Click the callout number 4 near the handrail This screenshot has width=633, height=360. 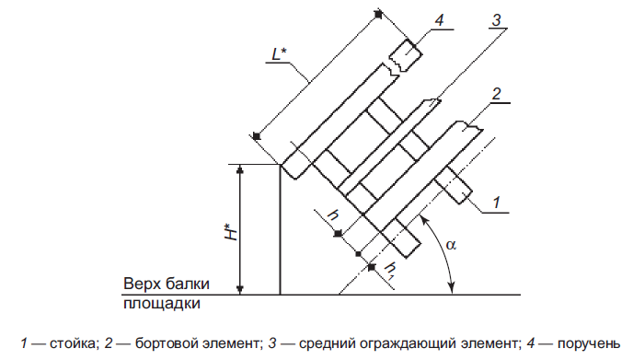click(x=439, y=20)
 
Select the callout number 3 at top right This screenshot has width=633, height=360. click(x=496, y=19)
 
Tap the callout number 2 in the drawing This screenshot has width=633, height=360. click(x=496, y=94)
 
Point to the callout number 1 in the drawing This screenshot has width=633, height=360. click(x=497, y=202)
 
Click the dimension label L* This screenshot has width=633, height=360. click(x=279, y=53)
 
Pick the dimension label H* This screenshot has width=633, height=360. click(x=231, y=231)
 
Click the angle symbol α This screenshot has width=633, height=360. click(x=451, y=244)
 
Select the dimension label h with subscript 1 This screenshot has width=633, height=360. click(x=388, y=270)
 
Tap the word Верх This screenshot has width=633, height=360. click(x=143, y=284)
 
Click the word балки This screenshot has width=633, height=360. click(x=188, y=284)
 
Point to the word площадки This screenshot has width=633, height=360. click(x=162, y=304)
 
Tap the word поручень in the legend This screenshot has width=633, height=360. click(x=589, y=343)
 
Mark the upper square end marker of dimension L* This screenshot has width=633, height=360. click(x=378, y=15)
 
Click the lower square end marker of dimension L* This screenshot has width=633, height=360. click(x=257, y=136)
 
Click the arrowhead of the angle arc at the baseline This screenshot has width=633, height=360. click(x=453, y=288)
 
